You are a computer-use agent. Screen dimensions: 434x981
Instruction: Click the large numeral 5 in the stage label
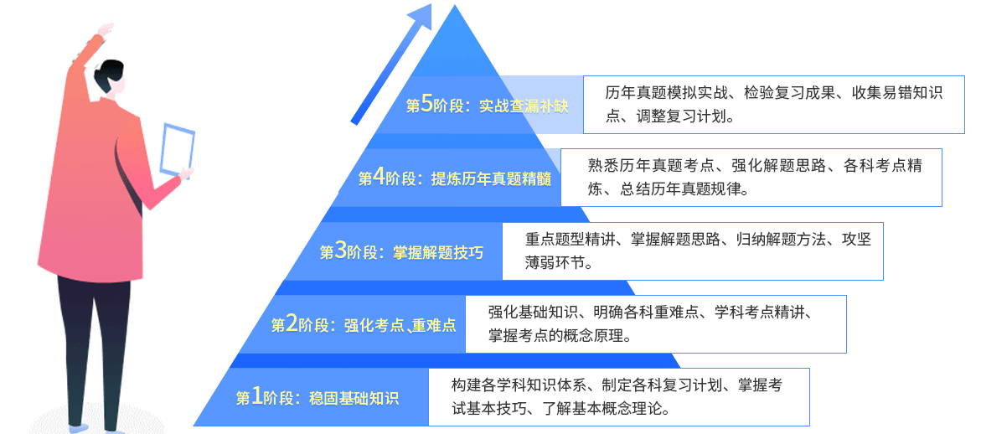(427, 104)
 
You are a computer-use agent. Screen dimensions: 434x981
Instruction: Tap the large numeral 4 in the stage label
(379, 177)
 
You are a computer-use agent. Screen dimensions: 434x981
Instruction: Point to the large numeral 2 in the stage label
(292, 323)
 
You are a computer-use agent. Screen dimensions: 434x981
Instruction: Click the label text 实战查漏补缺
(524, 106)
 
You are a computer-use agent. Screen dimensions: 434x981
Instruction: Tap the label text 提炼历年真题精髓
(491, 178)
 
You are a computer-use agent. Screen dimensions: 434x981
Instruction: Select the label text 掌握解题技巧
(438, 252)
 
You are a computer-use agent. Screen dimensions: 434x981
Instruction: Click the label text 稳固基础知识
(354, 398)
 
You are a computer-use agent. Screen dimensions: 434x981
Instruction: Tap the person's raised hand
(104, 31)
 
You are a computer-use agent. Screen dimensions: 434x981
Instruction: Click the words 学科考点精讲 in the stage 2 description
(760, 313)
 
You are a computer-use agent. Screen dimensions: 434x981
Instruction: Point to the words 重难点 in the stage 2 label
(435, 325)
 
